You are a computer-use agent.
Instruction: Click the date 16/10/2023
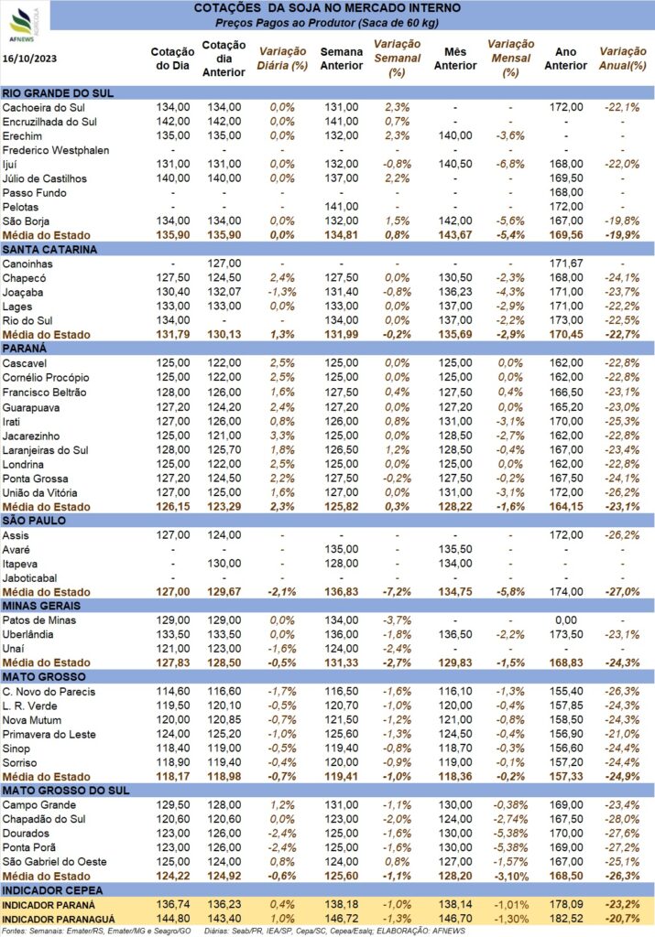click(30, 59)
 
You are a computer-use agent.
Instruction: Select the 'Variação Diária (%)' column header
click(282, 59)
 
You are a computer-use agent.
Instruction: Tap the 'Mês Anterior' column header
click(455, 59)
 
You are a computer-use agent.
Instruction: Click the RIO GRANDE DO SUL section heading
click(58, 93)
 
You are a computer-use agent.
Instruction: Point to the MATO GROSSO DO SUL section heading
click(66, 791)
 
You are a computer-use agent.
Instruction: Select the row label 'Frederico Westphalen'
click(56, 150)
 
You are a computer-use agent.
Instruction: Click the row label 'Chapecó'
click(24, 278)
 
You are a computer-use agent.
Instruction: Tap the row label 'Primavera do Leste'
click(49, 735)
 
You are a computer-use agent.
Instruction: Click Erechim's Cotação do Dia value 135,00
click(173, 135)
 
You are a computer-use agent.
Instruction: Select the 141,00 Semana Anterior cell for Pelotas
click(342, 207)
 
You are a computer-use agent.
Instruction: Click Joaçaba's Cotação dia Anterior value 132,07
click(224, 292)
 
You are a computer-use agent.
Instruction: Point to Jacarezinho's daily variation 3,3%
click(282, 436)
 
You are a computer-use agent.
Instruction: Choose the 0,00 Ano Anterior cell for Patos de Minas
click(566, 620)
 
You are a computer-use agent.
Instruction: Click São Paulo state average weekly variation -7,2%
click(397, 592)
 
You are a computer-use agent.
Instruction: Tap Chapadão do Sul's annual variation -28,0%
click(622, 819)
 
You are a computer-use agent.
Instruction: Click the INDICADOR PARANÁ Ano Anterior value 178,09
click(566, 905)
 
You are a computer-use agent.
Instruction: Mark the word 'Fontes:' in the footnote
click(14, 931)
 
